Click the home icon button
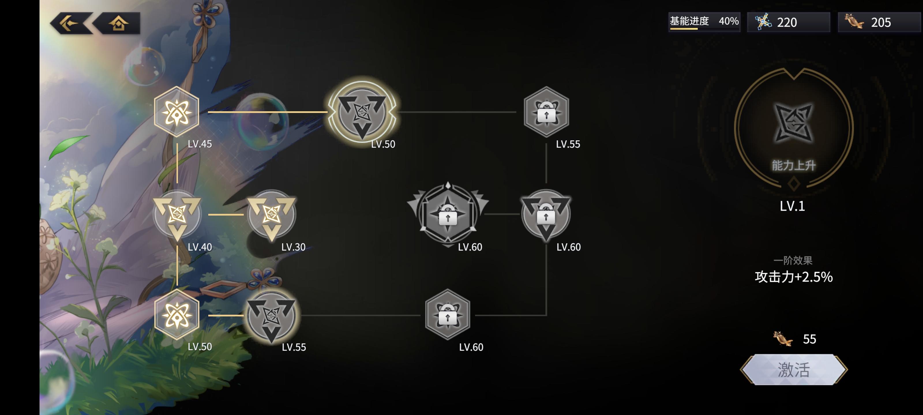point(118,24)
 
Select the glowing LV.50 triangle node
point(362,112)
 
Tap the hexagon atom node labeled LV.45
point(177,112)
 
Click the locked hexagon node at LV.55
point(546,112)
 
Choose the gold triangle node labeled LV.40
point(177,214)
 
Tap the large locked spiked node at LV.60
point(448,214)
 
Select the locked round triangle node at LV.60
point(546,214)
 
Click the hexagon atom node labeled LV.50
point(177,315)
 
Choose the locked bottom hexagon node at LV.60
point(448,315)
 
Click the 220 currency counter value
point(787,22)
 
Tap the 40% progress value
point(728,21)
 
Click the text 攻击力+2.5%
point(793,277)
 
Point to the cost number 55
point(809,339)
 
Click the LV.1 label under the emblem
point(793,206)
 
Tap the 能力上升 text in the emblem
point(793,165)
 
